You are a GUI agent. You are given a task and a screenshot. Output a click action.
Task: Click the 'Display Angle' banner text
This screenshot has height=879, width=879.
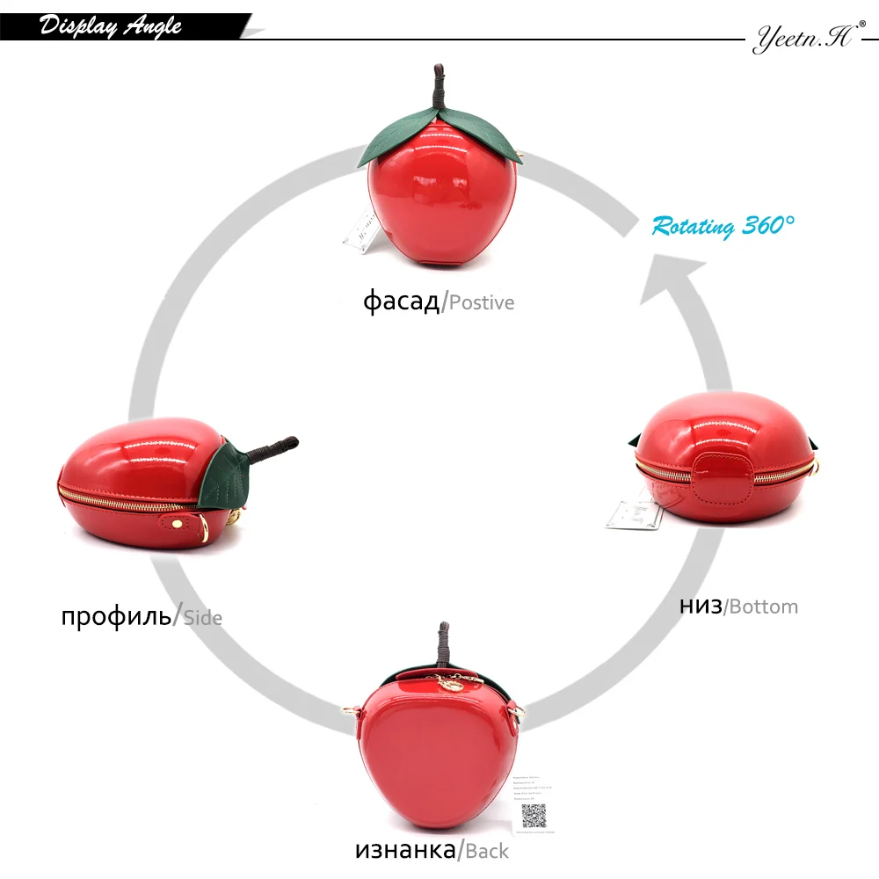click(111, 26)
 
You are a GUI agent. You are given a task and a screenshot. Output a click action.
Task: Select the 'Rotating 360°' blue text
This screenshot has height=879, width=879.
click(723, 226)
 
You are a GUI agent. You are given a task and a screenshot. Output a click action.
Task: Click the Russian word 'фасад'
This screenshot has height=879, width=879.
click(401, 301)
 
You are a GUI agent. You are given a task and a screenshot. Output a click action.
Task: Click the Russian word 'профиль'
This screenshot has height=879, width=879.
click(116, 614)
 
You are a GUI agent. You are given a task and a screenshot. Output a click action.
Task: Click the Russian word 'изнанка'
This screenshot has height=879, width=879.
click(407, 849)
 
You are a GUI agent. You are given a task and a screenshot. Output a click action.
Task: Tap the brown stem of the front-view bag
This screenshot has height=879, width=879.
click(438, 91)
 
